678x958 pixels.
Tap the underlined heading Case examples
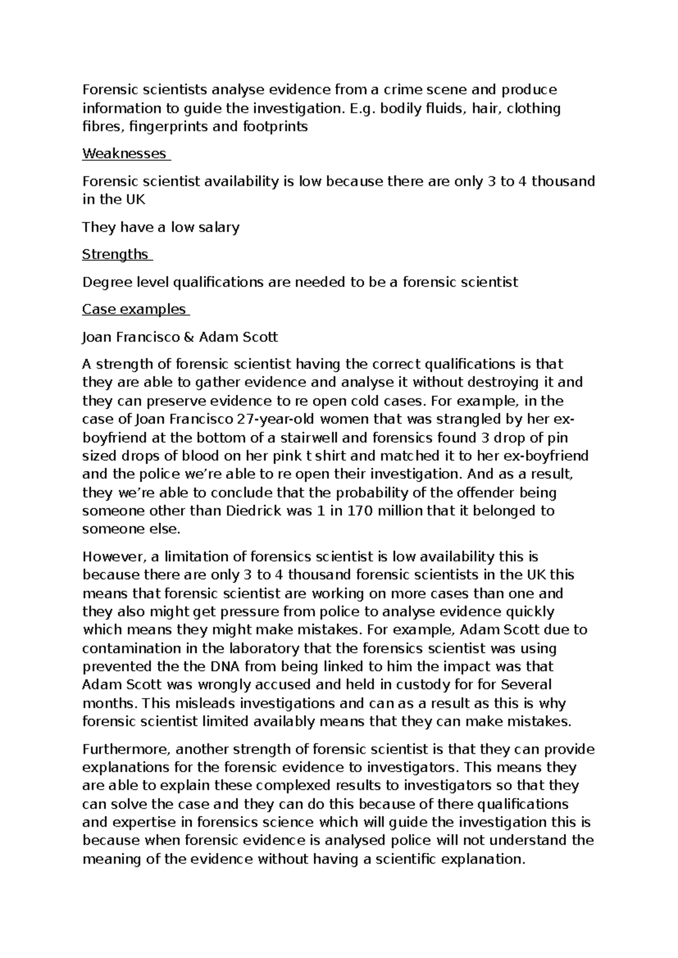pos(134,310)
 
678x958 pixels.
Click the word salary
pos(218,228)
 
